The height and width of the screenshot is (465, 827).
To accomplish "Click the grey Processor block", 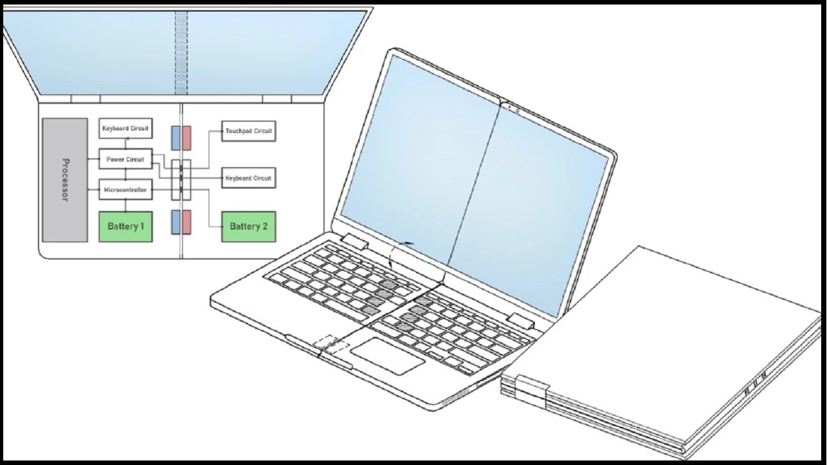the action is (x=65, y=180).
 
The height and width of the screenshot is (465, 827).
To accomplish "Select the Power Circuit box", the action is (x=125, y=159).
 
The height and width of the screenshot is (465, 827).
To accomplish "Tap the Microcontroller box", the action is (x=125, y=190).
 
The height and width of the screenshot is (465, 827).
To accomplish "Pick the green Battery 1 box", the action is (x=125, y=227).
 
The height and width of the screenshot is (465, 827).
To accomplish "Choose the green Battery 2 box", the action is (x=249, y=227).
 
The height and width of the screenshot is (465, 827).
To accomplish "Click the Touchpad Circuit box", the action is (x=249, y=131).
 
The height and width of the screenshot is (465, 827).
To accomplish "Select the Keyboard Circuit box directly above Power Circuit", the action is (x=125, y=129).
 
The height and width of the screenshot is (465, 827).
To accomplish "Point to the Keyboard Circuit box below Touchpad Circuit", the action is (x=249, y=178).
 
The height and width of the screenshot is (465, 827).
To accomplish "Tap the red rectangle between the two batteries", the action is (x=187, y=222).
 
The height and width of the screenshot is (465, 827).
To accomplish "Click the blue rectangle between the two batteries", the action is (x=176, y=222).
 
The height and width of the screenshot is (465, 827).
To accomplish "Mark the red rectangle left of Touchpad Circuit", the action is (x=187, y=138).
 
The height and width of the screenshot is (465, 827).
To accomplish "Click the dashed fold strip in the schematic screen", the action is (x=181, y=53).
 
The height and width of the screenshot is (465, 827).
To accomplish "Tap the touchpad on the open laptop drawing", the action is (x=388, y=356).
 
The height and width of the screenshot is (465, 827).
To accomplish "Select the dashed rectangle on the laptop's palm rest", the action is (x=331, y=346).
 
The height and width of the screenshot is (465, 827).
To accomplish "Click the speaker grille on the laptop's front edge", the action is (x=455, y=398).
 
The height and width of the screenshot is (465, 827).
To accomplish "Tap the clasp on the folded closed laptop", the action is (x=531, y=391).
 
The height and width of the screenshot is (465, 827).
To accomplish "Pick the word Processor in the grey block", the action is (x=65, y=180).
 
